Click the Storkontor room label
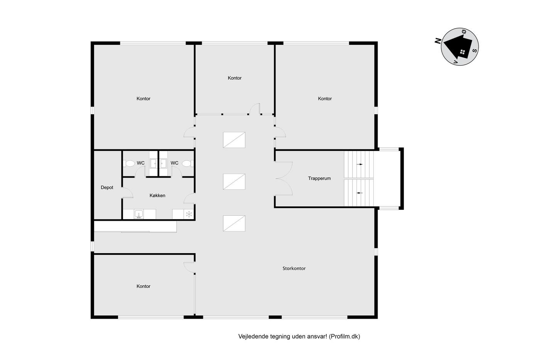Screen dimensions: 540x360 (294, 269)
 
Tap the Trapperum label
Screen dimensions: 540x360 (319, 178)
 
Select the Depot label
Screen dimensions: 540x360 (107, 188)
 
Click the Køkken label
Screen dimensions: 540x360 (157, 195)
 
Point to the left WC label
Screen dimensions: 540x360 (140, 163)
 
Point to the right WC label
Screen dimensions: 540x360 (174, 163)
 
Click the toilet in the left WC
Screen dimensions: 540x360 (129, 164)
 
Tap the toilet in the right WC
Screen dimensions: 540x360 (188, 164)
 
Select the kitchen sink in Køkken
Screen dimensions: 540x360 (139, 214)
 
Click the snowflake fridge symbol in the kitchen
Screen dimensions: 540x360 (189, 214)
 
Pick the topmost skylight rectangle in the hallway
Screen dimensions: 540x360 (234, 140)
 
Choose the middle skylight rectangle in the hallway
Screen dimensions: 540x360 (234, 182)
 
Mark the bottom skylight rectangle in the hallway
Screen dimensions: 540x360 (234, 223)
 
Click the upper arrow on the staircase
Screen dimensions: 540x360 (359, 164)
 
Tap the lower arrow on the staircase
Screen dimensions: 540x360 (359, 193)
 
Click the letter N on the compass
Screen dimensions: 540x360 (438, 41)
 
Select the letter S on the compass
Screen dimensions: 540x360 (475, 51)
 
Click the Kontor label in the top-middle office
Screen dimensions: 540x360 (235, 78)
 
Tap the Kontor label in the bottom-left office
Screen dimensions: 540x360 (143, 286)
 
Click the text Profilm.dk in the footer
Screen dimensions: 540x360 (344, 336)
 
